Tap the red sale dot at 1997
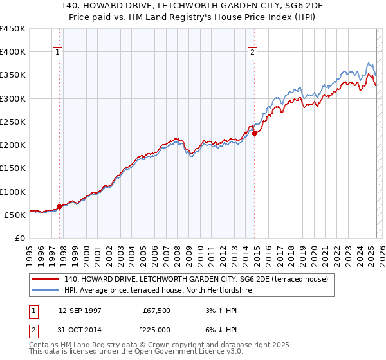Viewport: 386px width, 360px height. click(x=60, y=206)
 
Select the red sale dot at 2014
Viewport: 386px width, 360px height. click(x=255, y=134)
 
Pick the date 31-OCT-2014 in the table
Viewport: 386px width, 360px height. click(x=84, y=330)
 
